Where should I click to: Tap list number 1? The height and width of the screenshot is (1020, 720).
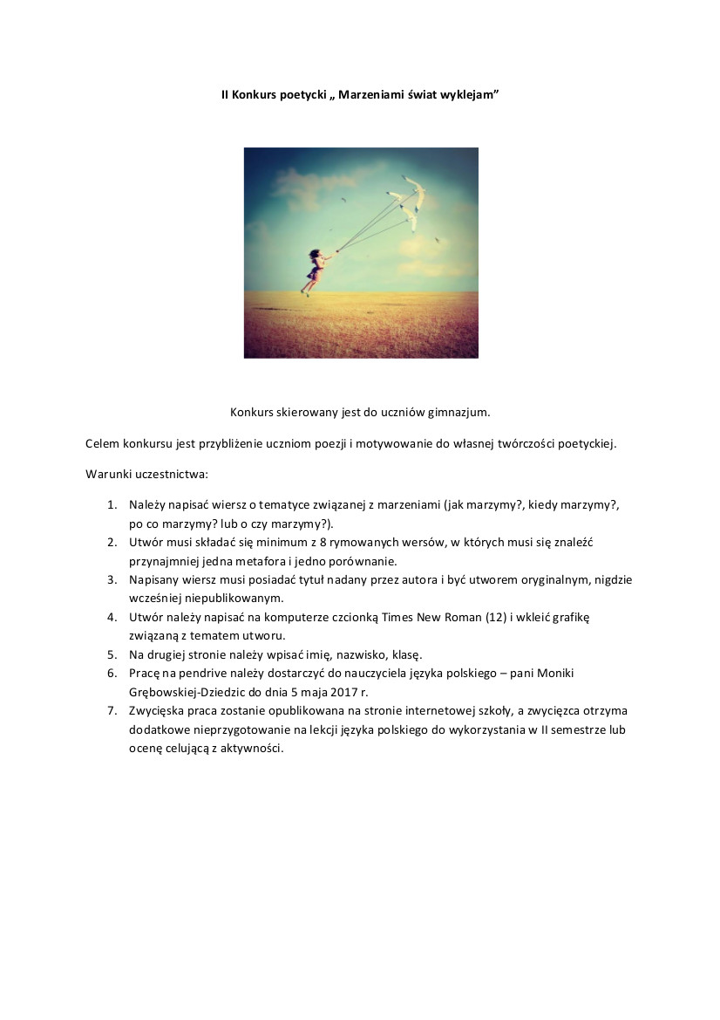pos(112,505)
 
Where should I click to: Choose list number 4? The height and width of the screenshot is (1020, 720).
pos(112,617)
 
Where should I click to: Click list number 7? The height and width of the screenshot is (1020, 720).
pos(112,710)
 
